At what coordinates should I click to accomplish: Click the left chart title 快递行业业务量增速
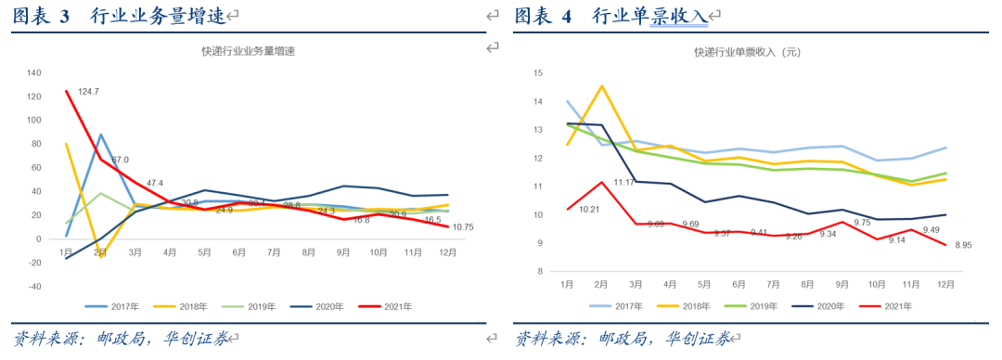pos(254,52)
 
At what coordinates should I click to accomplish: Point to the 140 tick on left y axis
pos(35,72)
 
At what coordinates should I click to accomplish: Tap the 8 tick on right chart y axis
pos(538,272)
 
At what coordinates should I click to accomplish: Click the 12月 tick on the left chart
pos(446,251)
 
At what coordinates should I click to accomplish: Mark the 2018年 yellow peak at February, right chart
pos(601,85)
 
